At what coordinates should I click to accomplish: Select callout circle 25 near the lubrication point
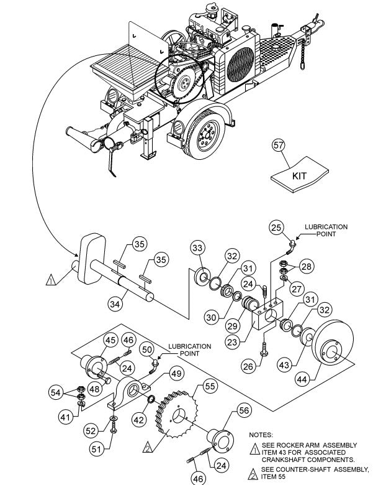[x=277, y=228]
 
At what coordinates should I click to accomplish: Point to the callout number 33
[x=197, y=249]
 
